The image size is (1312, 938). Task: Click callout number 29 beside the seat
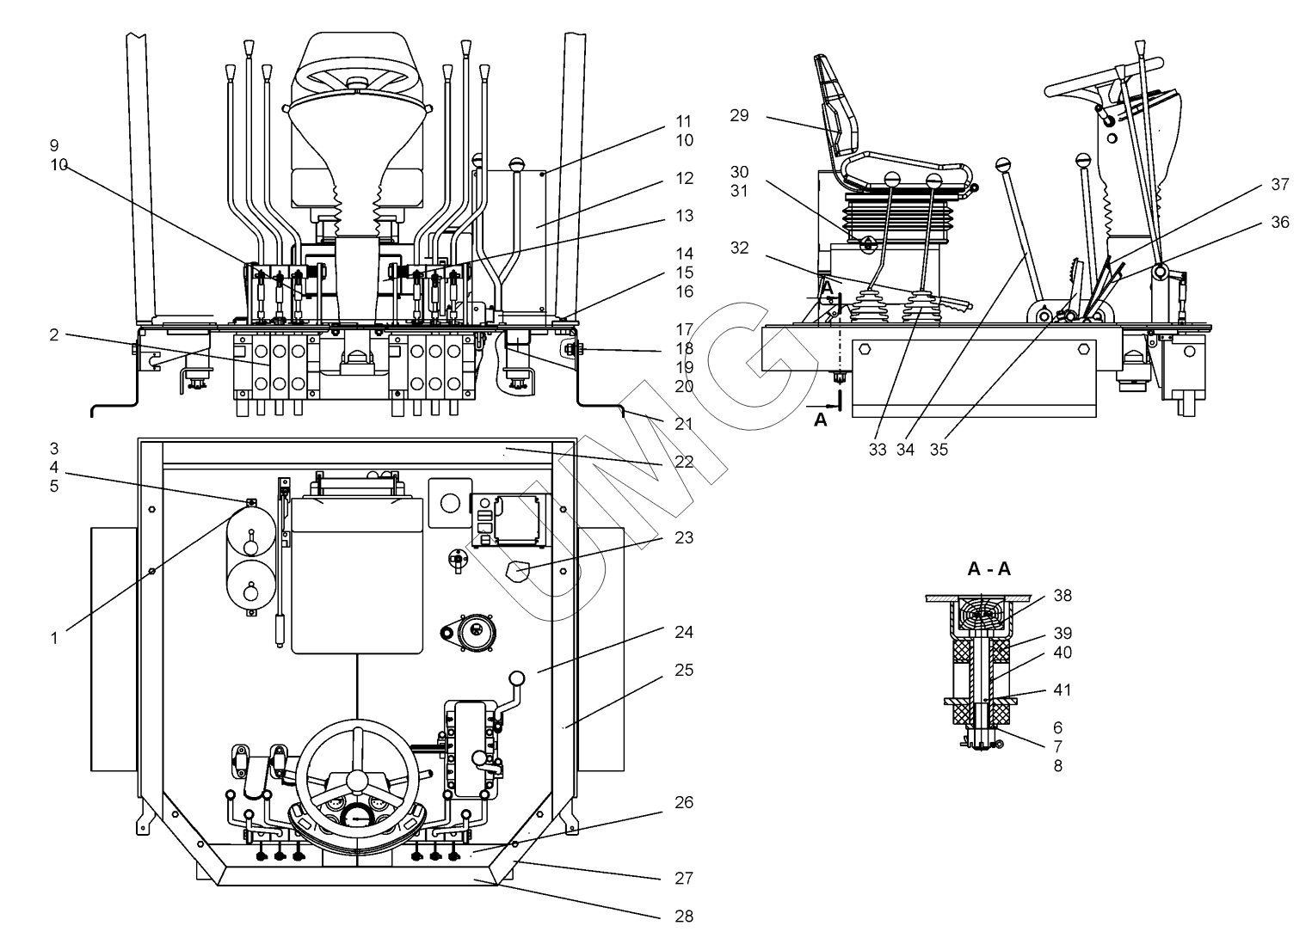click(739, 115)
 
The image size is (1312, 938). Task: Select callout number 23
click(684, 538)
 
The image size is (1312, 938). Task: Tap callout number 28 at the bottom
click(684, 916)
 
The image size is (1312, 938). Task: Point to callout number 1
click(54, 638)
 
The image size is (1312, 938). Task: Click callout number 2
click(54, 334)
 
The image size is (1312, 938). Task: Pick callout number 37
click(1280, 184)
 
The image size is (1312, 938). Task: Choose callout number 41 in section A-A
click(1063, 690)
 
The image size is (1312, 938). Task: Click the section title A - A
click(989, 568)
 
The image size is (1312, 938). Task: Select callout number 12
click(684, 178)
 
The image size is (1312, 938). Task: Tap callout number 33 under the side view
click(877, 449)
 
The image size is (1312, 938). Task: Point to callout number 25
click(684, 670)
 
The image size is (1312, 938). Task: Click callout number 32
click(739, 248)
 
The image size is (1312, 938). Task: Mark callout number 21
click(684, 424)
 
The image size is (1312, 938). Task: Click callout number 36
click(1280, 222)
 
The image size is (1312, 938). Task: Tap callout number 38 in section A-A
click(1063, 595)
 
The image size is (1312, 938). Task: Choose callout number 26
click(684, 802)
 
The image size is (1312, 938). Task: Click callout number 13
click(684, 216)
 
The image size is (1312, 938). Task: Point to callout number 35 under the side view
click(939, 449)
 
